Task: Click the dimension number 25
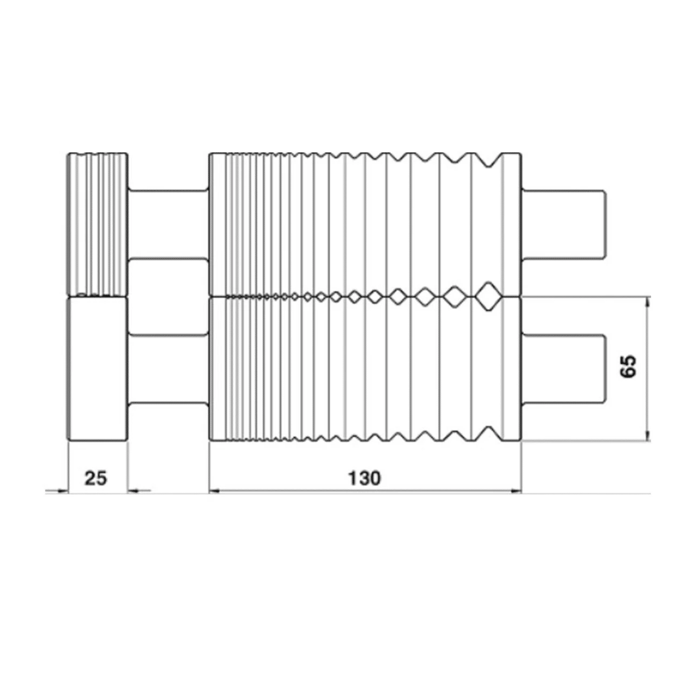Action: click(x=96, y=478)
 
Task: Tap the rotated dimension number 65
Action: click(x=630, y=367)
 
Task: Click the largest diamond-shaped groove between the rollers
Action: click(x=488, y=296)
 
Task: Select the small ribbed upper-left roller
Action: click(x=97, y=224)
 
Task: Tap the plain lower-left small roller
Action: click(x=97, y=369)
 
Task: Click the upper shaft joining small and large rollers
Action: click(x=168, y=224)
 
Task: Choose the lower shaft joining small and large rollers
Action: click(x=168, y=369)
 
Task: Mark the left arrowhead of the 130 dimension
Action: click(x=213, y=491)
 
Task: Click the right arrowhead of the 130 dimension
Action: click(x=517, y=491)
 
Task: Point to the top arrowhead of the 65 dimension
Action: click(x=648, y=301)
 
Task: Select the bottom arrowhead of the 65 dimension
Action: click(x=648, y=436)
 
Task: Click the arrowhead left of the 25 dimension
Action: click(x=63, y=491)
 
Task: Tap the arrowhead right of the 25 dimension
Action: click(x=132, y=491)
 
